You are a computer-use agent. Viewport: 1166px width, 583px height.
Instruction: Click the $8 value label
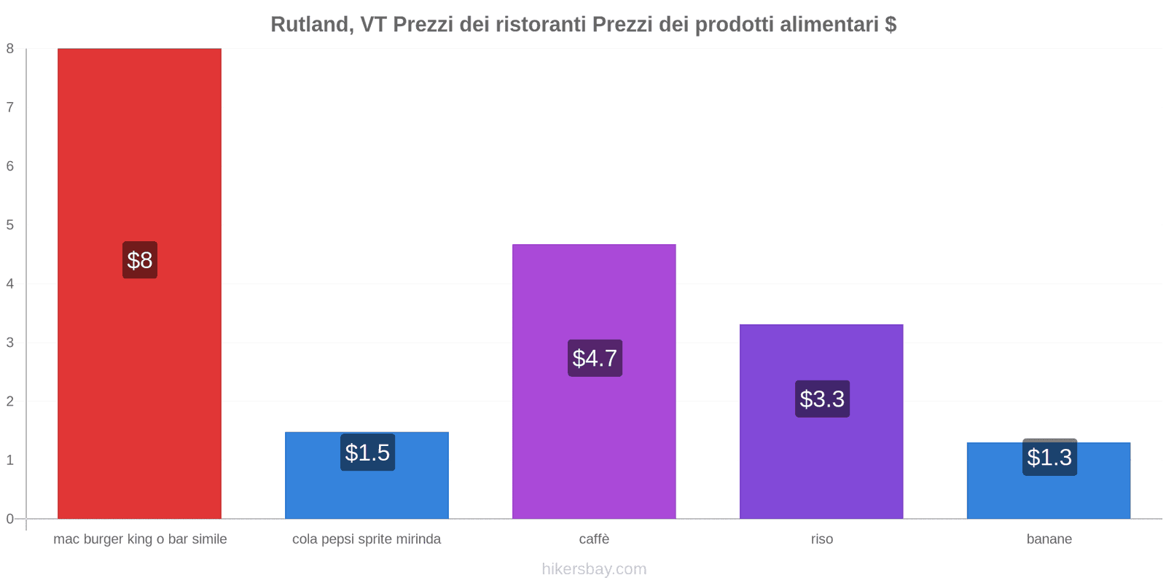point(140,260)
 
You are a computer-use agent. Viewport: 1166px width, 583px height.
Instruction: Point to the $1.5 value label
point(367,453)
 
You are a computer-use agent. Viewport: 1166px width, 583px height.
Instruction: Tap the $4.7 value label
point(595,358)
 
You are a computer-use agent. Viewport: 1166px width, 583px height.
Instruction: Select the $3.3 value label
point(822,399)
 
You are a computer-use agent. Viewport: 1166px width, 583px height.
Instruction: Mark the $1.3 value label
point(1049,457)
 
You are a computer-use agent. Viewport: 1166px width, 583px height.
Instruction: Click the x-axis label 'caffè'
point(594,539)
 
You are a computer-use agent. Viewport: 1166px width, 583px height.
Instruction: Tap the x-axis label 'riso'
point(821,539)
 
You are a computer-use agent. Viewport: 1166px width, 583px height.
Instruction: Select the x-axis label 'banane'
point(1049,539)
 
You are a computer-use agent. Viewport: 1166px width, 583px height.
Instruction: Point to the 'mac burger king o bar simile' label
point(140,539)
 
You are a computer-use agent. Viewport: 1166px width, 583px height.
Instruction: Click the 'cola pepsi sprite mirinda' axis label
point(367,539)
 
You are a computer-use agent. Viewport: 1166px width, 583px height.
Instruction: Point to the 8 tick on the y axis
point(10,49)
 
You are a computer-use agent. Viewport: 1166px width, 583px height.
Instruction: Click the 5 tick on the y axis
point(10,225)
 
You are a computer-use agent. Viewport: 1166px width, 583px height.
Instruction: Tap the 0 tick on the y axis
point(10,519)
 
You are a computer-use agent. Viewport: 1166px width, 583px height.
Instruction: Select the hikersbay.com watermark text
point(594,569)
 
